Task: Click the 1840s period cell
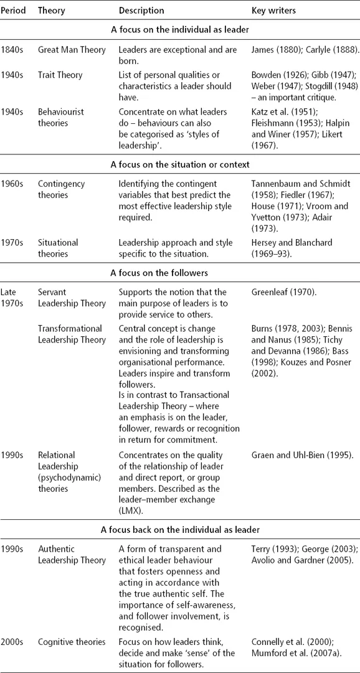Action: click(13, 50)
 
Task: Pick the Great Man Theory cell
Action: click(71, 50)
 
